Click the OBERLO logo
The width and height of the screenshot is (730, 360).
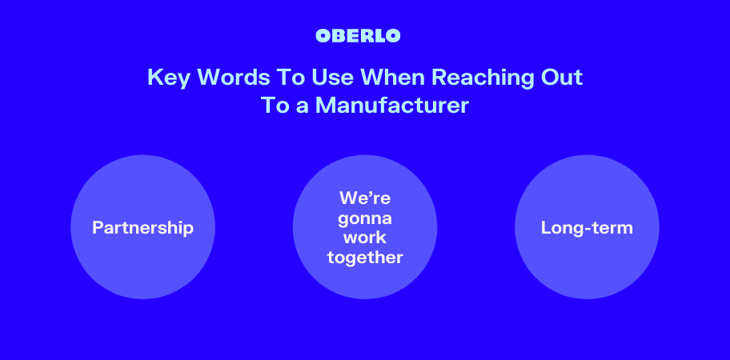click(358, 36)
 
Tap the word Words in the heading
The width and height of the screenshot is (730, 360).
click(233, 77)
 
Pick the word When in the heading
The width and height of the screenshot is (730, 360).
click(393, 77)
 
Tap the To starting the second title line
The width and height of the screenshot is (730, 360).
click(275, 105)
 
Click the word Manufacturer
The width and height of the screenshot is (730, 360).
click(391, 105)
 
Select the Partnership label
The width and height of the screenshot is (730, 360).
click(143, 228)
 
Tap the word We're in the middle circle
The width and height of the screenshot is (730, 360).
click(365, 198)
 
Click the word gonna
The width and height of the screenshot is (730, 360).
click(365, 219)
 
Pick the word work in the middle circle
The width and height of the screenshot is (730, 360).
click(365, 238)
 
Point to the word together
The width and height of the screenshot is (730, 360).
click(365, 258)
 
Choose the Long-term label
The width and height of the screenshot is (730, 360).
click(587, 228)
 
